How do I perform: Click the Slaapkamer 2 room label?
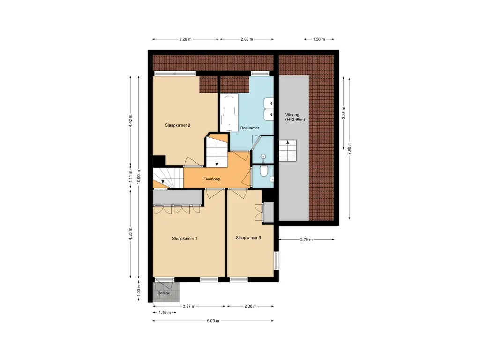click(178, 125)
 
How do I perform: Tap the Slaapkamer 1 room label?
click(185, 239)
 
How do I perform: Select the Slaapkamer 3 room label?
click(248, 238)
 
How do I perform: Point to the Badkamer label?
click(250, 128)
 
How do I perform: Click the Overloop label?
click(212, 179)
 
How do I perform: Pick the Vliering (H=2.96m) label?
click(295, 117)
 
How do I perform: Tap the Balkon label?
click(164, 293)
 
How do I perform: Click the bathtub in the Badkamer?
click(229, 112)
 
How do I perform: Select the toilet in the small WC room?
click(263, 171)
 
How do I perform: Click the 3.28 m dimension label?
click(185, 39)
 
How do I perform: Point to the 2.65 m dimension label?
click(247, 39)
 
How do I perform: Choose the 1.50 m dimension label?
click(319, 39)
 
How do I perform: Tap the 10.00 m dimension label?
click(138, 176)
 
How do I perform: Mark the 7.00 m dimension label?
click(349, 148)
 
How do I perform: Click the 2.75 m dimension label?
click(307, 240)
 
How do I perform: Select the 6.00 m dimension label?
click(213, 321)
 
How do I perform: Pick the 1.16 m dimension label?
click(165, 313)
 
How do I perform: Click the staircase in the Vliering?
click(288, 150)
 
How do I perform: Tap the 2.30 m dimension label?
click(250, 306)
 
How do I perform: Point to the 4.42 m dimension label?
click(131, 120)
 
